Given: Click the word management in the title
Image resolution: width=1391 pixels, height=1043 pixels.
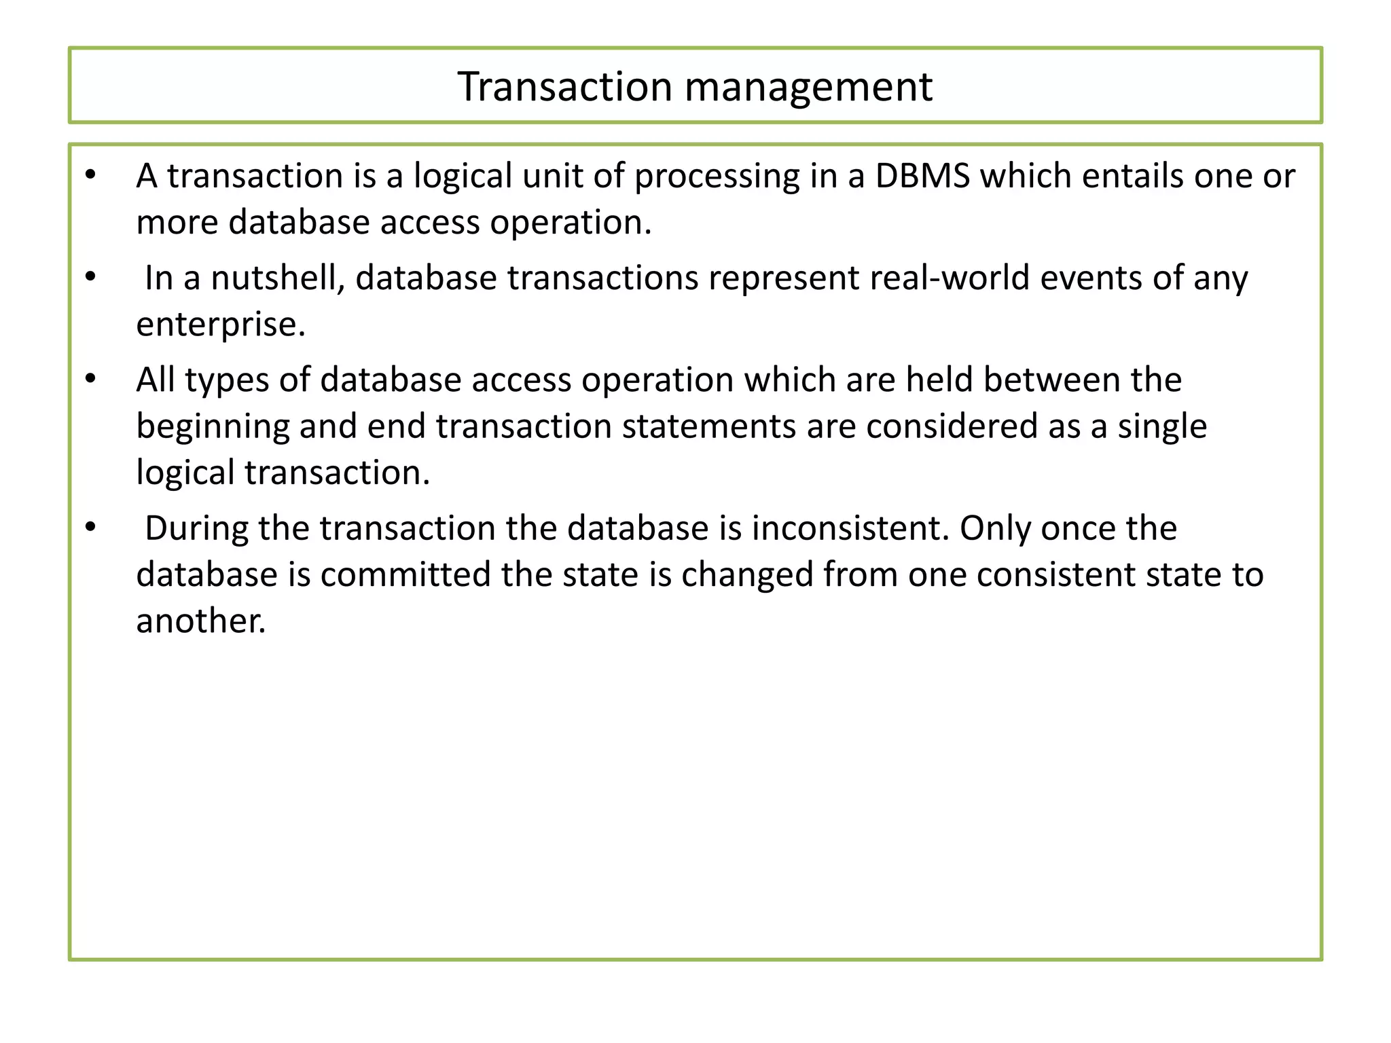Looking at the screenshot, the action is click(808, 87).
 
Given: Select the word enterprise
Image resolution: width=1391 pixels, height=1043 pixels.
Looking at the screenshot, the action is click(221, 325).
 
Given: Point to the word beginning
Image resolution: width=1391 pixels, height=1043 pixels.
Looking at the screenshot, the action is click(213, 426).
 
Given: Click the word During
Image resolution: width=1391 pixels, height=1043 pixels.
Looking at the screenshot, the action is click(196, 528).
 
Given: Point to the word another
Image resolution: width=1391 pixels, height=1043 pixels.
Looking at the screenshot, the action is click(200, 621).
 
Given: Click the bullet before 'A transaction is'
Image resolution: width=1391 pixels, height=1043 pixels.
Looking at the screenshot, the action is click(90, 176).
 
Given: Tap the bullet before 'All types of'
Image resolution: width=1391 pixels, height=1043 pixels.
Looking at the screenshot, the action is click(90, 380).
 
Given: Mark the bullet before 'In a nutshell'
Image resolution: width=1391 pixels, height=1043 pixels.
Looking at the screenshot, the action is click(90, 278).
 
